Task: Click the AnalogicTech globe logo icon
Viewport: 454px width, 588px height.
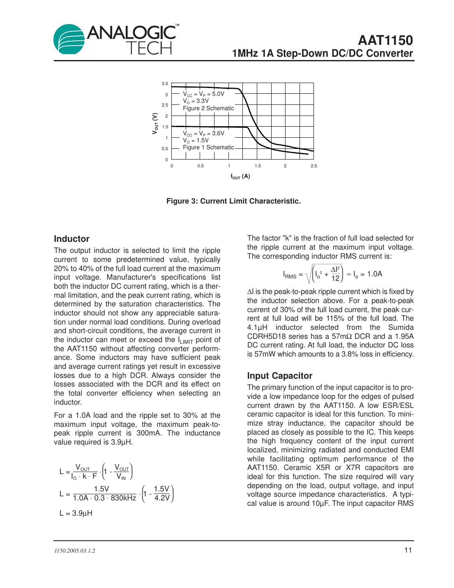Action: click(69, 39)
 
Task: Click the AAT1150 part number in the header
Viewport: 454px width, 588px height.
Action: click(385, 40)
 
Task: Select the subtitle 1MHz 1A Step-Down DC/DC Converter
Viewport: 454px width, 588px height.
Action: click(322, 53)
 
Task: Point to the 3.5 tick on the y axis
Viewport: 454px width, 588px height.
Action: click(165, 84)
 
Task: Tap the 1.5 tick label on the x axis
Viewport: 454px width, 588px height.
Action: click(258, 166)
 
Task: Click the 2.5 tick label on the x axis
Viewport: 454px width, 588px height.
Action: click(313, 166)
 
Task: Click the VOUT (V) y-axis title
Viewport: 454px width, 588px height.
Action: click(155, 123)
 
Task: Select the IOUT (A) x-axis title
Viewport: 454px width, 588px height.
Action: click(240, 176)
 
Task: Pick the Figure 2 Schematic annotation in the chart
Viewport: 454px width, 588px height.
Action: click(208, 109)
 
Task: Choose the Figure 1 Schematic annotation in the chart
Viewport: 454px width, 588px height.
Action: click(208, 148)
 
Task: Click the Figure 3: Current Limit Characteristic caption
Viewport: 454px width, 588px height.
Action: click(233, 201)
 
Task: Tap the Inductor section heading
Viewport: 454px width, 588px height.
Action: click(71, 239)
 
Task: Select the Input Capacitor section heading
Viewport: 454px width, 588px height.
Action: click(279, 376)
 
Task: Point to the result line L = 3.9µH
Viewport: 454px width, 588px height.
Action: click(76, 513)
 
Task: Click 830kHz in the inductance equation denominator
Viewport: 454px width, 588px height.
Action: click(123, 498)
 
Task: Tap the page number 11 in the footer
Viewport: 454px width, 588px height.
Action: click(408, 550)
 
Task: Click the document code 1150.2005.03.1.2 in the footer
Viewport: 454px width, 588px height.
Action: click(74, 551)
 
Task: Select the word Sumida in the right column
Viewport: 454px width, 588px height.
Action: click(401, 327)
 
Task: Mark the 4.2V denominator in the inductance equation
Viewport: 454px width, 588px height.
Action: click(162, 498)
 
